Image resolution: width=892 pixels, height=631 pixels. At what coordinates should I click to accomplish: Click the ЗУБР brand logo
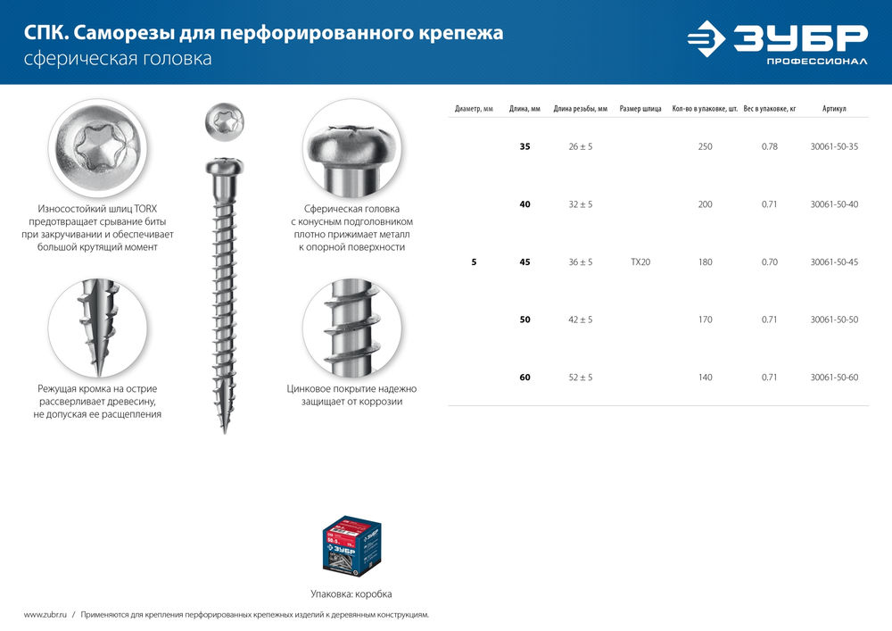776,42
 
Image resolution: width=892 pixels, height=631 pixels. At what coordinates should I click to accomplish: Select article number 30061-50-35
834,146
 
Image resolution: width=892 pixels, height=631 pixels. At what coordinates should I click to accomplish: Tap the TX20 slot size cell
640,262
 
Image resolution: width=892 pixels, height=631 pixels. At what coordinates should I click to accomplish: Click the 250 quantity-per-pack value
705,146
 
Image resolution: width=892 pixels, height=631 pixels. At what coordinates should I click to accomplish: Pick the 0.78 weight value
769,146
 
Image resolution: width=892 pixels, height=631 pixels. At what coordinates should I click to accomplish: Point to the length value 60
524,378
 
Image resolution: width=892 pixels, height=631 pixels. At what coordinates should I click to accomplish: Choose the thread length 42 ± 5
580,320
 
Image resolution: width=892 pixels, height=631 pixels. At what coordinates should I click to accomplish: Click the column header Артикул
834,109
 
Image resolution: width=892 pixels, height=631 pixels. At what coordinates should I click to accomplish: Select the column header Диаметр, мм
474,109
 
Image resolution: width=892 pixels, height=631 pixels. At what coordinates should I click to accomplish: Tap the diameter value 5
474,262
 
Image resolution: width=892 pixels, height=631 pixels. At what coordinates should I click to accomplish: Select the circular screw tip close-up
97,328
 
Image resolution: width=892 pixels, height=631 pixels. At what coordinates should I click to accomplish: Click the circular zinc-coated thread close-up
351,328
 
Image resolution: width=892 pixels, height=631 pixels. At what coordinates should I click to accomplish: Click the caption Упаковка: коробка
351,594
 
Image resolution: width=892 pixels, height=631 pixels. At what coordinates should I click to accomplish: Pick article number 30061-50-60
834,378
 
